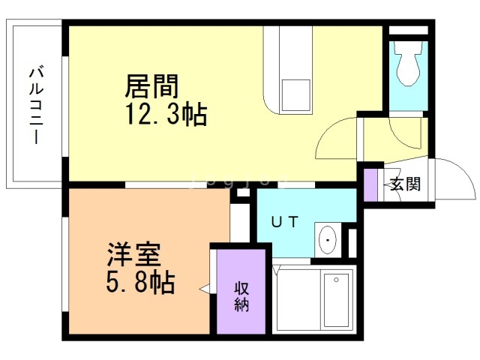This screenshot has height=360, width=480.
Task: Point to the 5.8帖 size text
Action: click(139, 283)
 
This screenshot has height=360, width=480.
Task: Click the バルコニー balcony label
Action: click(34, 106)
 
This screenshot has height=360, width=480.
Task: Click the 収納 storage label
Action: click(241, 296)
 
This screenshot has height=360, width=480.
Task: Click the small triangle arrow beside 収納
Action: click(204, 288)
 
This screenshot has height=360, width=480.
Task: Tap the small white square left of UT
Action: click(241, 193)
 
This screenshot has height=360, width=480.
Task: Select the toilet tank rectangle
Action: click(409, 44)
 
